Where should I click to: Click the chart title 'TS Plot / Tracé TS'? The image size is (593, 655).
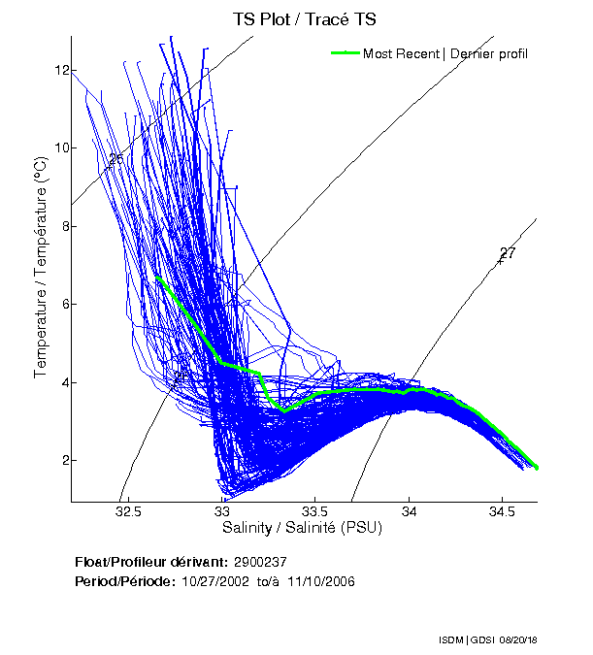coord(304,18)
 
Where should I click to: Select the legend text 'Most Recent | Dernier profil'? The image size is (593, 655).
coord(445,53)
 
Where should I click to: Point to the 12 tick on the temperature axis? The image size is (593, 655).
coord(60,70)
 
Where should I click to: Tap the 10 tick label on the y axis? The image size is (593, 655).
coord(60,147)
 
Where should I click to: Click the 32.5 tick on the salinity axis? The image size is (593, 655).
coord(128,511)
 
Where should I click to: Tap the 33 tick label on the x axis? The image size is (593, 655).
coord(222,511)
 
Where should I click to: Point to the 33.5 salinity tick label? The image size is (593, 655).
coord(315,511)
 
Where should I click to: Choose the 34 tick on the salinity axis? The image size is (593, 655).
coord(410,511)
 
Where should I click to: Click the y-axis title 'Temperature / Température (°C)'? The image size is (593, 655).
coord(42,270)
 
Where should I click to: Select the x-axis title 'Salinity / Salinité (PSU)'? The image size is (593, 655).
coord(304,528)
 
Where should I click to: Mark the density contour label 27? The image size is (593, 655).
coord(508,254)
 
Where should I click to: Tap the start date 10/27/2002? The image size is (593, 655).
coord(213,581)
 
